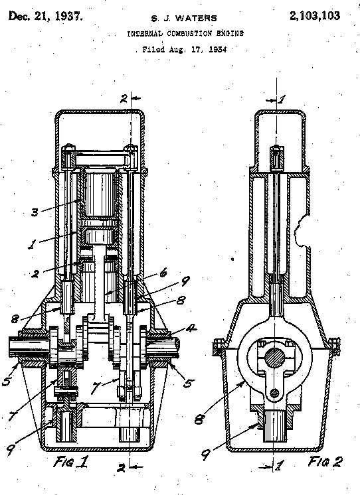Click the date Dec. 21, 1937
point(46,16)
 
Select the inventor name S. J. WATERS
point(184,19)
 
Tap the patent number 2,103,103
point(315,15)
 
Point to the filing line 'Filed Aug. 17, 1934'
point(184,50)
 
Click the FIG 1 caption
point(70,462)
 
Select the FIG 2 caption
point(325,462)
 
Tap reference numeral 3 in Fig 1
point(35,212)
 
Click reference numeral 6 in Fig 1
point(163,273)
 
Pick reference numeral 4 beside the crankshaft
point(190,328)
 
